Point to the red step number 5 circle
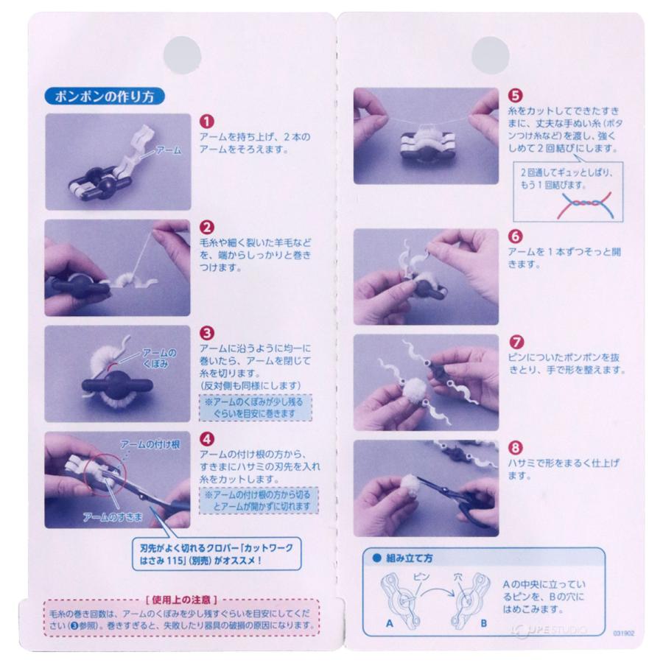(x=516, y=97)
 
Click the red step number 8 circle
(x=516, y=447)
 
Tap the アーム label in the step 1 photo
(x=167, y=150)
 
